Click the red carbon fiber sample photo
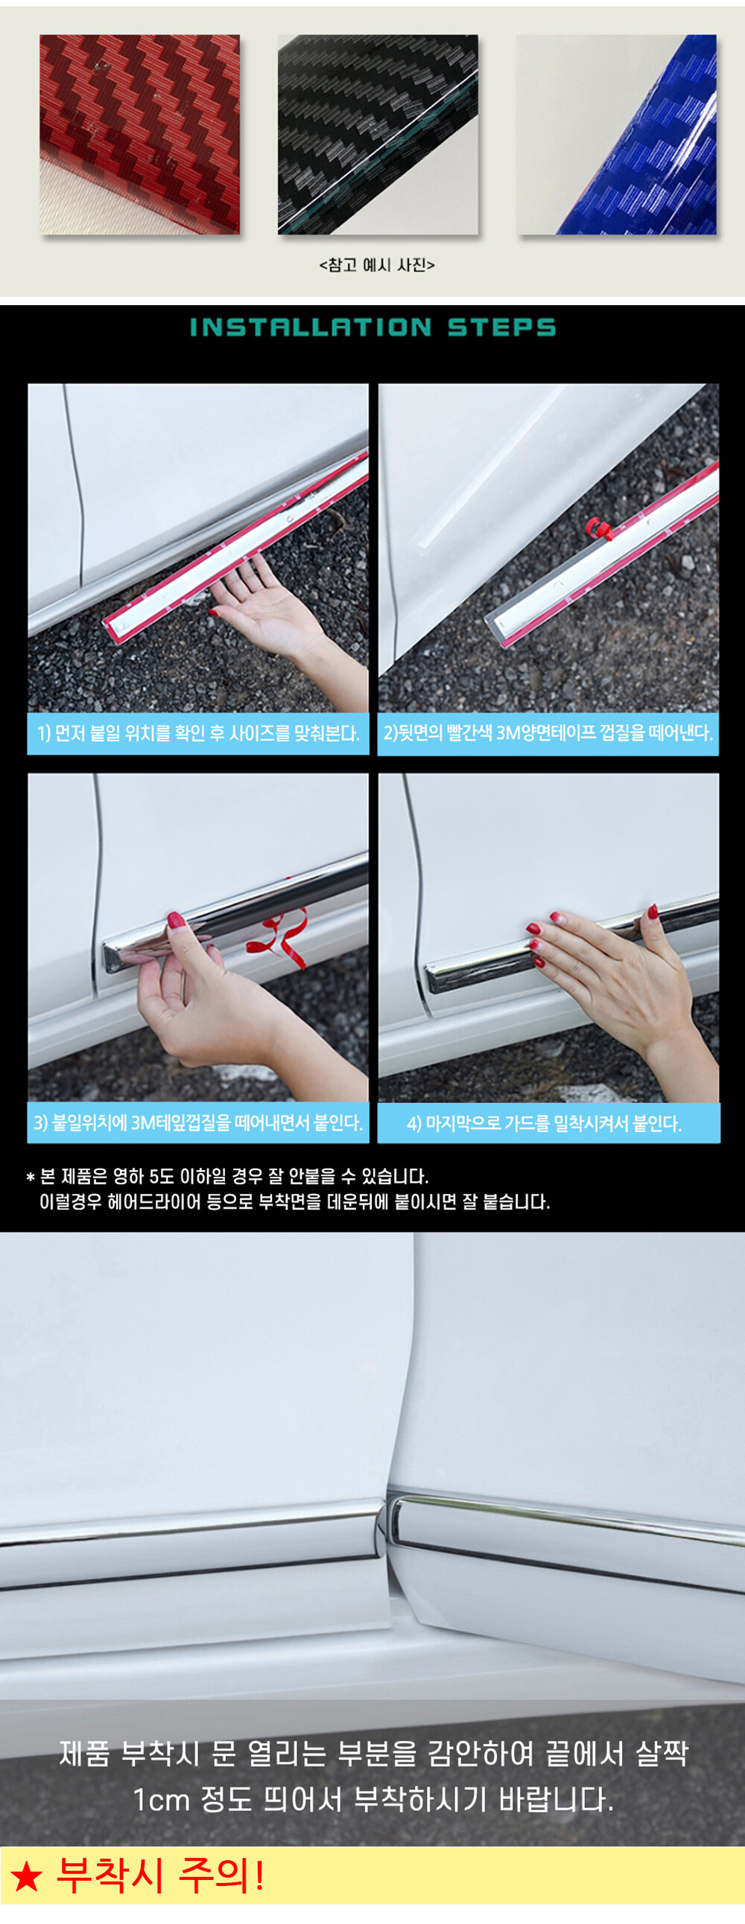click(140, 135)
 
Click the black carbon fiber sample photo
click(378, 135)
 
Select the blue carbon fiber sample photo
click(616, 135)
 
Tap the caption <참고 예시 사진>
click(377, 265)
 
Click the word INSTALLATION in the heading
click(310, 327)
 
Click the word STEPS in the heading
click(501, 327)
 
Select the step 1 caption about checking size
click(198, 733)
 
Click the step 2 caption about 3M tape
click(548, 733)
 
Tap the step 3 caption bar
click(198, 1122)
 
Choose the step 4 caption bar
click(549, 1123)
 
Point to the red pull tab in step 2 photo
click(597, 528)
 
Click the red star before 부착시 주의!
click(27, 1877)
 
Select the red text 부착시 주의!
click(161, 1876)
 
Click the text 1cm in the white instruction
click(162, 1800)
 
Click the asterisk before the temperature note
click(31, 1178)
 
